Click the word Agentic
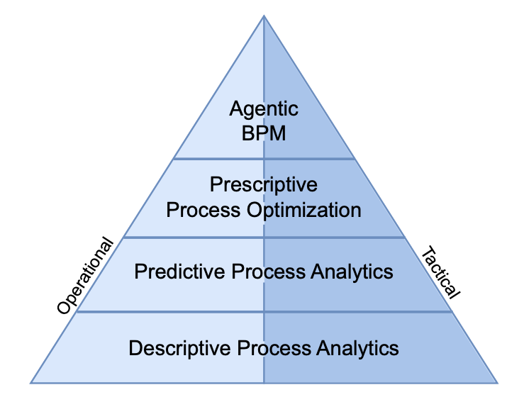264,110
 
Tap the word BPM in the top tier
264,133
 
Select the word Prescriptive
264,186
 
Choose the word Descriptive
181,348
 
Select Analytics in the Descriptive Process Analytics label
356,348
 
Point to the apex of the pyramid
264,16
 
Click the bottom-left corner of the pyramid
31,383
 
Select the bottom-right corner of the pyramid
497,383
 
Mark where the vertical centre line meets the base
264,383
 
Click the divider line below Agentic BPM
213,159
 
